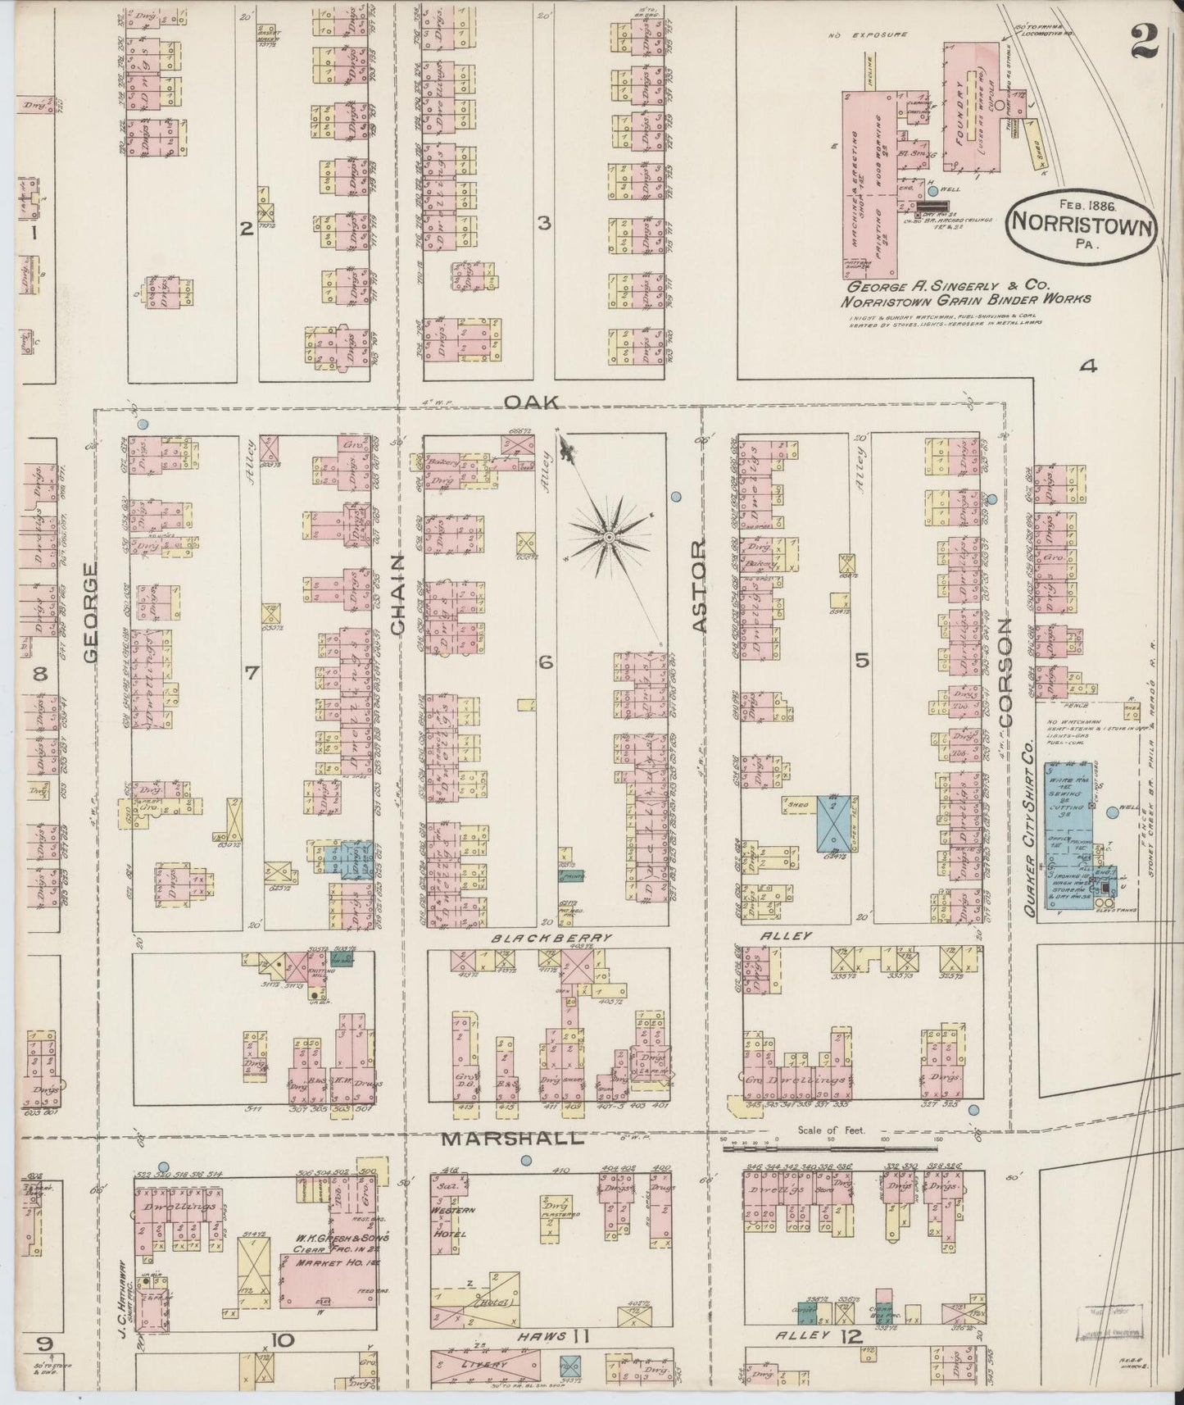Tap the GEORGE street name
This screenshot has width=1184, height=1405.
[x=91, y=611]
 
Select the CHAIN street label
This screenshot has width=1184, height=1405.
[x=398, y=593]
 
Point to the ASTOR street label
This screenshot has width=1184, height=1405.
[x=699, y=586]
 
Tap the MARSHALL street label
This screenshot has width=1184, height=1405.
[x=514, y=1139]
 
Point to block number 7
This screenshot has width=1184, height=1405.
[x=252, y=672]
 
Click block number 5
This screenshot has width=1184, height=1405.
[x=861, y=662]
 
